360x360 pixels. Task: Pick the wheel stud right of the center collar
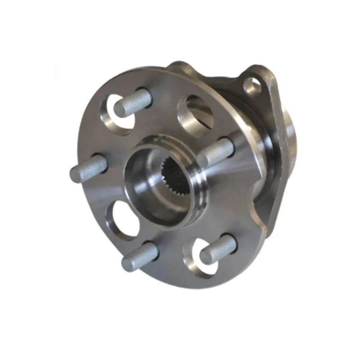[216, 151]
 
